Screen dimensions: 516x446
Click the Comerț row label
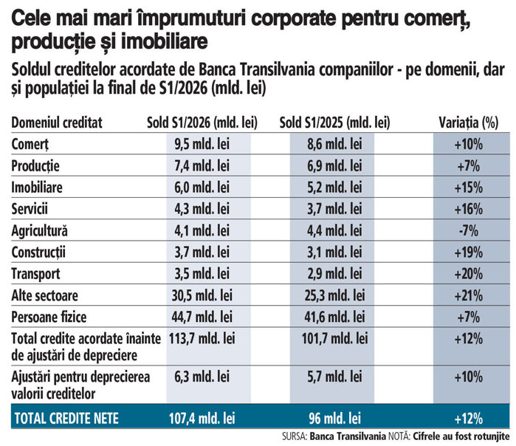30,144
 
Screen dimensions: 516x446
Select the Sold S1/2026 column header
202,123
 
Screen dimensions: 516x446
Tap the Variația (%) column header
469,123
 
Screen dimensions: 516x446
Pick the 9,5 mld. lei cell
202,144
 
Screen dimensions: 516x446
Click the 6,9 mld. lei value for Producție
334,165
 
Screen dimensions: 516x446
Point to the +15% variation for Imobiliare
469,188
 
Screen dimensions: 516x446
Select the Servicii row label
30,209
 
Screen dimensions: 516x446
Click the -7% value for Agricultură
469,230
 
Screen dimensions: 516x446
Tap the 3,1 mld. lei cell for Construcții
334,252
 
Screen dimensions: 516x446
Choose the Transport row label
36,274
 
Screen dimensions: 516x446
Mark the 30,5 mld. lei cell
202,295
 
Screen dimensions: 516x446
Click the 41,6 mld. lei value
334,317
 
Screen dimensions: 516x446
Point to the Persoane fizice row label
49,317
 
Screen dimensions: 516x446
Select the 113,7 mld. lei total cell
202,338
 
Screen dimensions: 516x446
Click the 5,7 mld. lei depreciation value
334,377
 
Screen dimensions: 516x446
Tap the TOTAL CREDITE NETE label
66,419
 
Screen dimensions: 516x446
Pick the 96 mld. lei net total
334,419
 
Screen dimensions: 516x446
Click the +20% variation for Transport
469,274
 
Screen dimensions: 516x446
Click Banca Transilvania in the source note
348,436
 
